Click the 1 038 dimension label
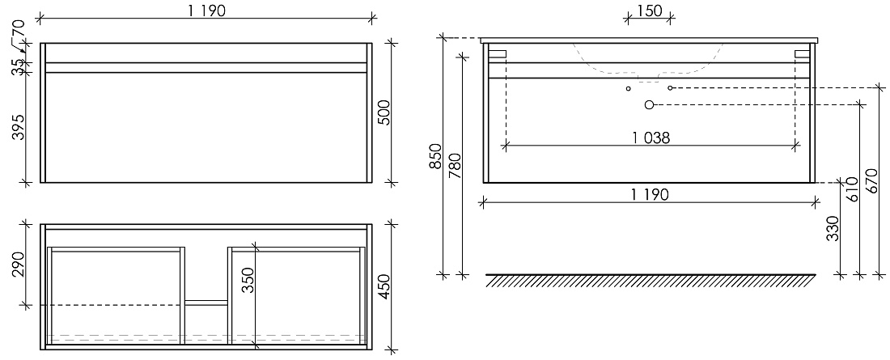tap(651, 138)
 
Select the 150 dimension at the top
tap(650, 11)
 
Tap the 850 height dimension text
tap(435, 156)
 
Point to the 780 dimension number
tap(456, 166)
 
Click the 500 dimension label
tap(384, 112)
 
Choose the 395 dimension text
tap(19, 127)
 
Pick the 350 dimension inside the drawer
tap(248, 281)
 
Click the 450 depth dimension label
tap(384, 286)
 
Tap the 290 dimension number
tap(19, 265)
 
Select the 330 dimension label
tap(833, 228)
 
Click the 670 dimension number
tap(874, 180)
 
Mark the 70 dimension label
tap(19, 28)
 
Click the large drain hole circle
tap(650, 104)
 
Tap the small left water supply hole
tap(629, 88)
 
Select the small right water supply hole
tap(671, 88)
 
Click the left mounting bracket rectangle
tap(498, 53)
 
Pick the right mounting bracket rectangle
tap(802, 53)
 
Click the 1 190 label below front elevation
tap(650, 195)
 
